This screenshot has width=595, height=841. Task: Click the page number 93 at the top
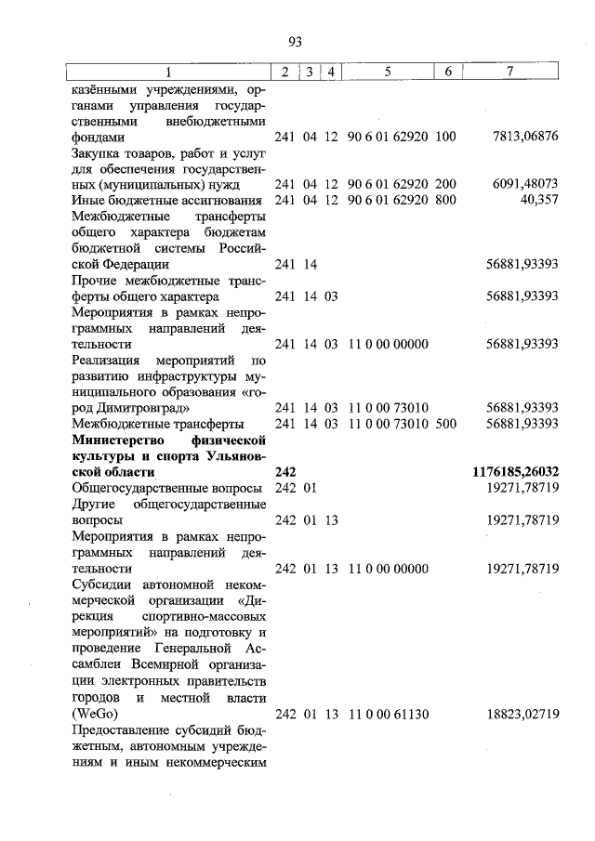click(296, 41)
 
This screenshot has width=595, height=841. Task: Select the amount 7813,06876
click(525, 137)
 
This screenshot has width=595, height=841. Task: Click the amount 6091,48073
click(525, 184)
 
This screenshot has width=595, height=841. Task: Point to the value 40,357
click(539, 200)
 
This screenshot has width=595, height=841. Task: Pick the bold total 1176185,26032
click(516, 472)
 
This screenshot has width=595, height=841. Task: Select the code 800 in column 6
click(445, 200)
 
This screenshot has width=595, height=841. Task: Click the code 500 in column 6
click(445, 424)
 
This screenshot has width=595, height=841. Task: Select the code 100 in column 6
click(445, 137)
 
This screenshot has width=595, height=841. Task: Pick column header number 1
click(169, 72)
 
